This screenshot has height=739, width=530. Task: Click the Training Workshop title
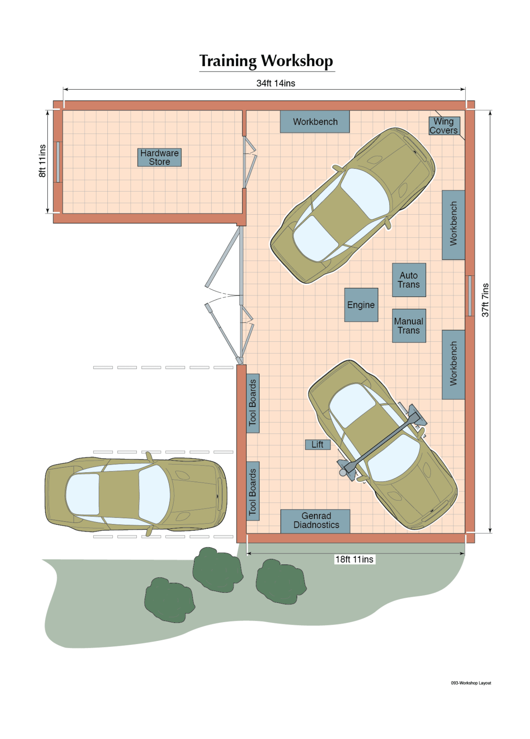click(x=266, y=61)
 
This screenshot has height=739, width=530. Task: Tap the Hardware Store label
click(x=159, y=157)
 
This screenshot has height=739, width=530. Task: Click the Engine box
click(x=361, y=305)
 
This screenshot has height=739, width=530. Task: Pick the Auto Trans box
click(x=409, y=280)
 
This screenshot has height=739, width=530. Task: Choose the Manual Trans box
click(x=409, y=326)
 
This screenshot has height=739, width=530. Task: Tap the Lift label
click(x=318, y=444)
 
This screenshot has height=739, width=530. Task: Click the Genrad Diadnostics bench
click(x=315, y=521)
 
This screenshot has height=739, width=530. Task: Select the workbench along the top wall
click(x=315, y=122)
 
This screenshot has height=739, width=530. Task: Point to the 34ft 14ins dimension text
click(x=275, y=83)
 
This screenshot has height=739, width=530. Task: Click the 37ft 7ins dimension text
click(x=485, y=300)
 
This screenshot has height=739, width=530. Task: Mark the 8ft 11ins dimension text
click(x=42, y=161)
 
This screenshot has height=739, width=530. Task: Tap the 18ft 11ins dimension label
click(x=354, y=559)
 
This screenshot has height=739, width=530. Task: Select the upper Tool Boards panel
click(x=253, y=403)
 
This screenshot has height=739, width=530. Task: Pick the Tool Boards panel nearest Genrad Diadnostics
click(x=253, y=491)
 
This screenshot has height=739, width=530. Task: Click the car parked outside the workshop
click(x=136, y=494)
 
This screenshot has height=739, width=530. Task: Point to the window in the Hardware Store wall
click(x=58, y=162)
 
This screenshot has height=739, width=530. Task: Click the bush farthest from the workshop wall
click(x=169, y=600)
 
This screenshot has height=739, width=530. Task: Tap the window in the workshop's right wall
click(x=470, y=295)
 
